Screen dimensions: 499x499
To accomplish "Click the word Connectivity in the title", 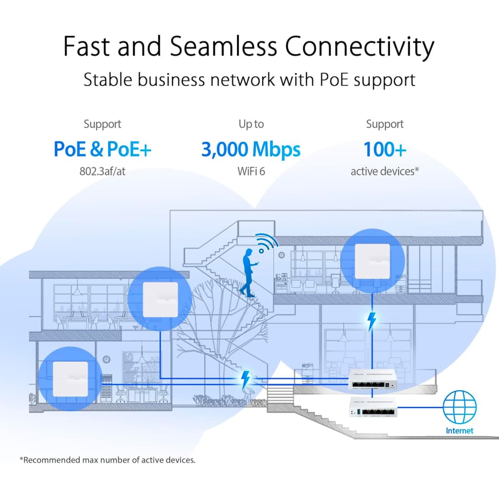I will coord(359,47).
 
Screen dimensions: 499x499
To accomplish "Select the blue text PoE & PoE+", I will coord(102,150).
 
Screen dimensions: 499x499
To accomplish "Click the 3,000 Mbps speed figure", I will coord(251,150).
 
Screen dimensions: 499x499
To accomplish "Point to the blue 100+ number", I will coord(384,150).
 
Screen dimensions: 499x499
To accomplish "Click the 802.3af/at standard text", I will coord(102,172).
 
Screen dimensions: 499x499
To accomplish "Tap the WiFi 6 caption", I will coord(251,172).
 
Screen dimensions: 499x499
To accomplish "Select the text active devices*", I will coord(384,172).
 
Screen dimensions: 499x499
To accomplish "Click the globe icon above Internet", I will coord(460,407).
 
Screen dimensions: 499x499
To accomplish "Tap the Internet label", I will coord(460,430).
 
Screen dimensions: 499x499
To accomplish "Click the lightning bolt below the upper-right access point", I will coord(372,321).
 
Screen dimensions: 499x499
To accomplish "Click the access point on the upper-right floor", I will coord(372,261).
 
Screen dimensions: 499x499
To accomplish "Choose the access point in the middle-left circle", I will coord(160,299).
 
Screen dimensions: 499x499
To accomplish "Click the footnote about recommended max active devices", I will coord(107,460).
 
